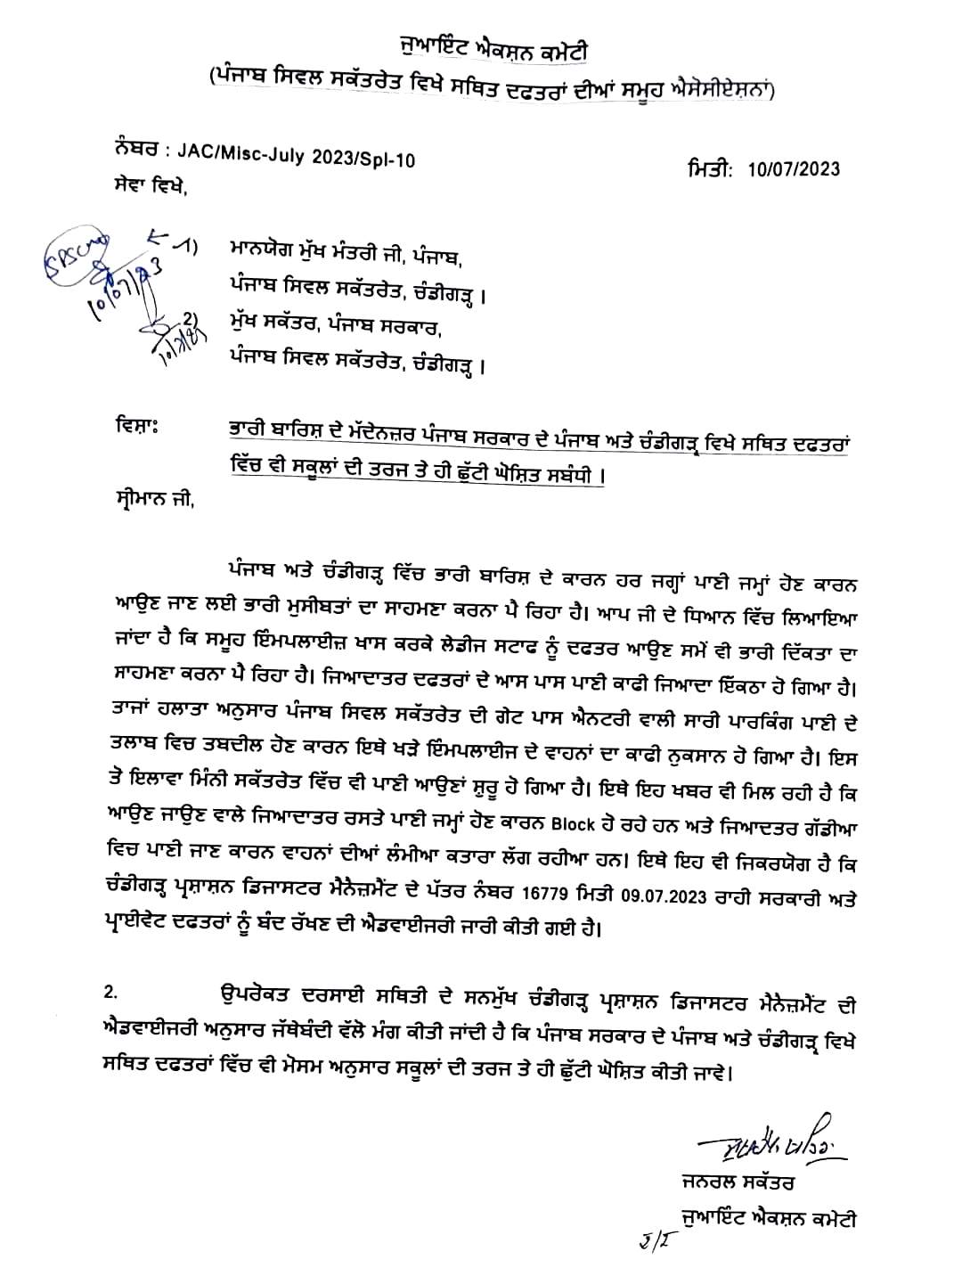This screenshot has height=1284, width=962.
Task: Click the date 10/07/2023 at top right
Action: (793, 169)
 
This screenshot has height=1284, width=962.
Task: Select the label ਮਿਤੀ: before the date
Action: (710, 168)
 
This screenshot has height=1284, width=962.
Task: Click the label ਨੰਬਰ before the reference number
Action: (135, 147)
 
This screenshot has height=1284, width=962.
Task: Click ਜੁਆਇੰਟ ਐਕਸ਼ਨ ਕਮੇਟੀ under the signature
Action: (766, 1218)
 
